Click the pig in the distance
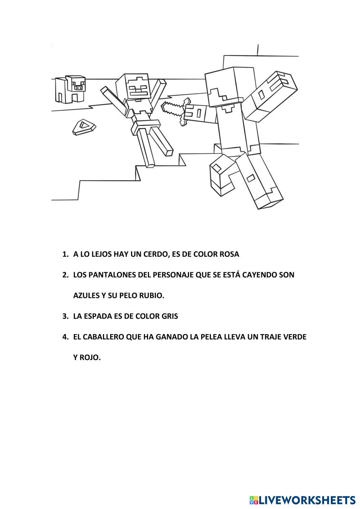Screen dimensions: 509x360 (70, 89)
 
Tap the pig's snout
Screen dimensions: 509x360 (78, 87)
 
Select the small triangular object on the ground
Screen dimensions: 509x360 (84, 127)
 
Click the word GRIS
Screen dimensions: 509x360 (169, 316)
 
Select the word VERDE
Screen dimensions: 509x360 (294, 337)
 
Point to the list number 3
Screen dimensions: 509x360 (65, 316)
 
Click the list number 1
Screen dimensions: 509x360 (65, 254)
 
